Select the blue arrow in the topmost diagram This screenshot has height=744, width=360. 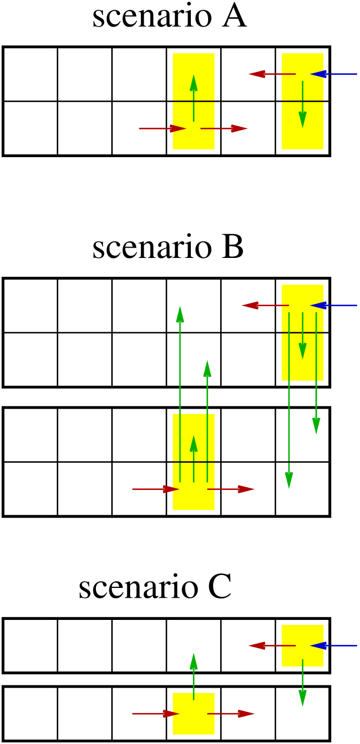[333, 74]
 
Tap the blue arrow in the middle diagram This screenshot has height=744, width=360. [333, 306]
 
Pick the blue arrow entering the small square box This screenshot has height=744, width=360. [333, 646]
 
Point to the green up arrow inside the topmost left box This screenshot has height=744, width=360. [194, 98]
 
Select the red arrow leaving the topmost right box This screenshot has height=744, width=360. [272, 74]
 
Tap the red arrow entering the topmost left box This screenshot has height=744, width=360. [162, 128]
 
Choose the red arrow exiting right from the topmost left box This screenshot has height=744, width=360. [224, 128]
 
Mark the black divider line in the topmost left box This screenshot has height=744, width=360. [194, 101]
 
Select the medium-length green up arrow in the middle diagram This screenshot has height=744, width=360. [207, 417]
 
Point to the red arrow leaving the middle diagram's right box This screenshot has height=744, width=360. [265, 306]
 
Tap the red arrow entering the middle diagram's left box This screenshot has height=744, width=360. [156, 489]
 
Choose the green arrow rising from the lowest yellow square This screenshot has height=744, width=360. [194, 676]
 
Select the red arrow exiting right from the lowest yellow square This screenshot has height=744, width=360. [231, 714]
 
